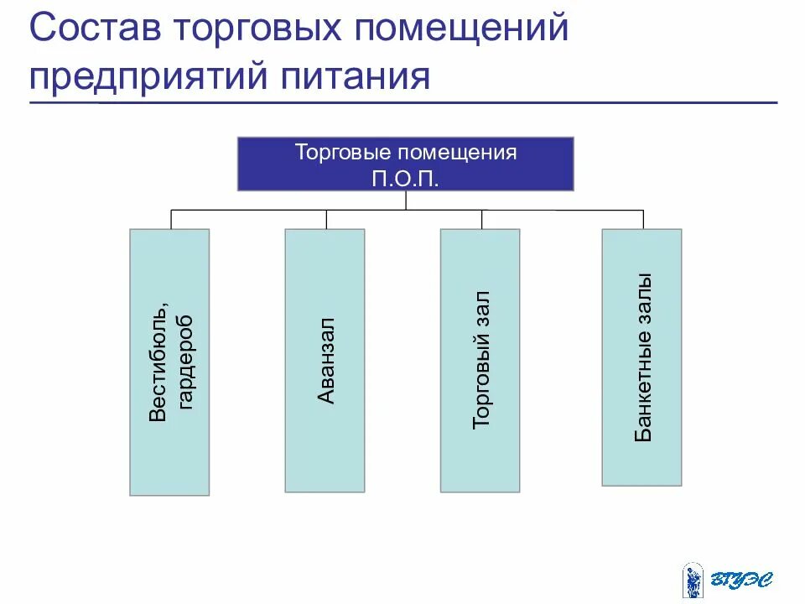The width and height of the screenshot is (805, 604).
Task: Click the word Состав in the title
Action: click(94, 30)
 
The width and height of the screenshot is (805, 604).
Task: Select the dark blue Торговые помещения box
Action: click(406, 164)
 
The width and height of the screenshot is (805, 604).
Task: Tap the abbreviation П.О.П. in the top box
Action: click(405, 178)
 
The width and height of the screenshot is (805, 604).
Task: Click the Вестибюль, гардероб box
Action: click(169, 362)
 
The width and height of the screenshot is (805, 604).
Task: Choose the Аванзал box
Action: click(325, 360)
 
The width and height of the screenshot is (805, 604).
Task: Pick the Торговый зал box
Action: click(480, 360)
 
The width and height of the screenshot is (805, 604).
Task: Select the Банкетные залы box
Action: click(641, 357)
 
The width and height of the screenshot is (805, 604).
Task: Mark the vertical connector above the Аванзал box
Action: click(325, 219)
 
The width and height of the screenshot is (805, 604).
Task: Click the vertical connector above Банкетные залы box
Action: click(643, 219)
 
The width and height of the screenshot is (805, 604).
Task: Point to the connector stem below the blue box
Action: click(406, 200)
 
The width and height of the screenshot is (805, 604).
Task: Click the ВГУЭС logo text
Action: click(743, 579)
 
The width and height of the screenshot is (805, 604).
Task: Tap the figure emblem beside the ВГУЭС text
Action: click(693, 580)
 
